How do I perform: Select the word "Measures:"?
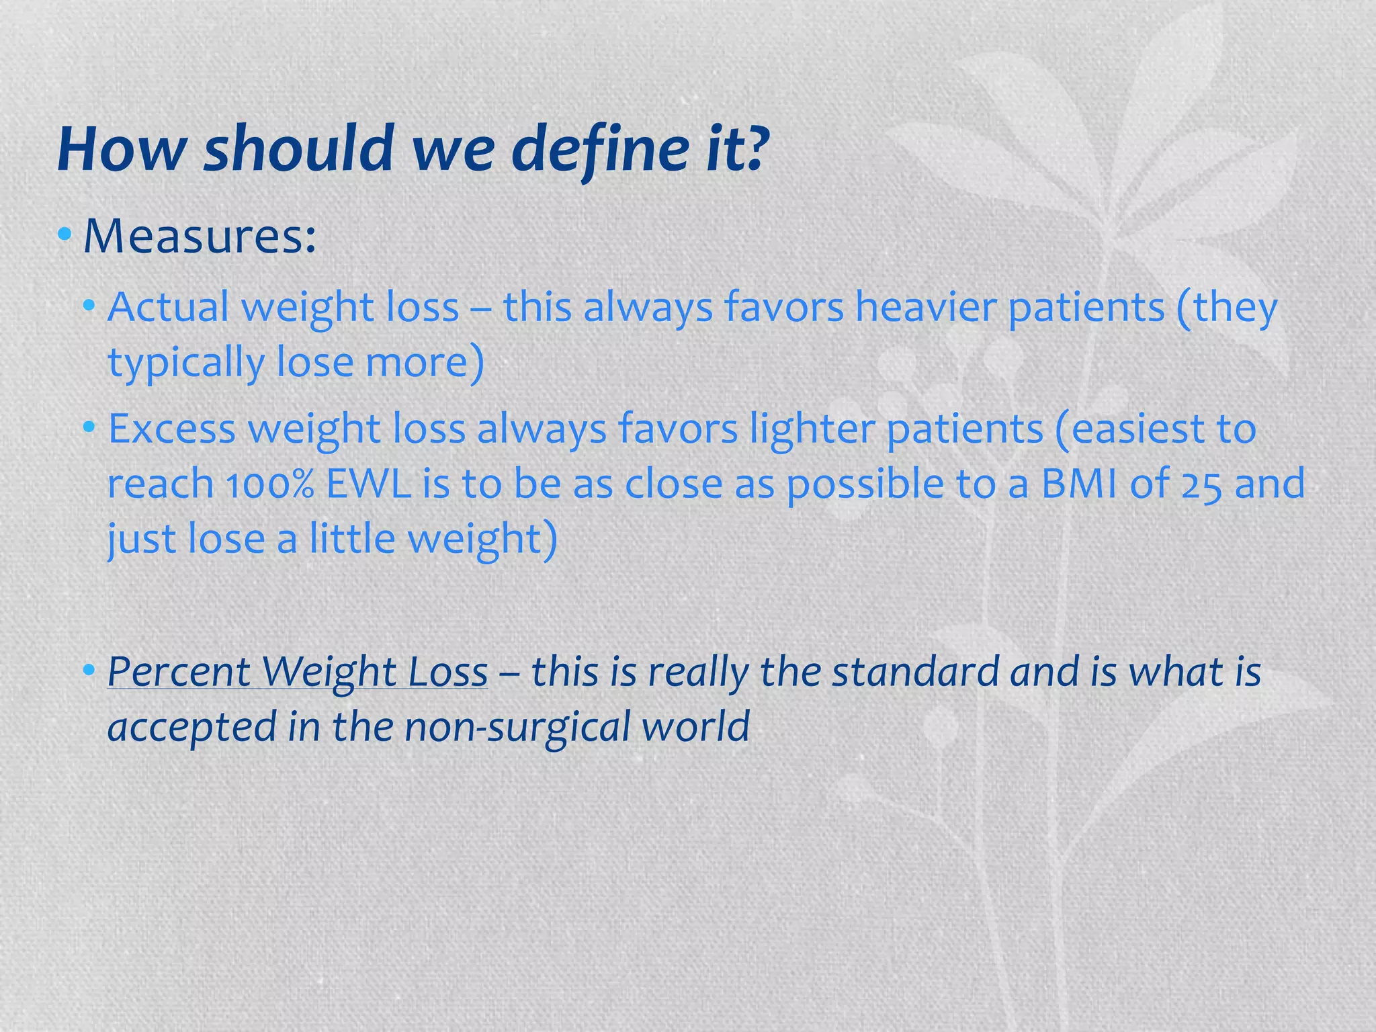[x=199, y=236]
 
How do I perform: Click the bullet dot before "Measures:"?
[x=64, y=234]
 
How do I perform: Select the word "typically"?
[x=186, y=363]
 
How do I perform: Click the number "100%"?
[x=269, y=484]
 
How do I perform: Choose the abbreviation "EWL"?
[x=368, y=484]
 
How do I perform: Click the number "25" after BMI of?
[x=1201, y=484]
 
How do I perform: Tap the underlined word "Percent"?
[x=178, y=672]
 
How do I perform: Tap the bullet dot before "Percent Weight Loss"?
[x=89, y=670]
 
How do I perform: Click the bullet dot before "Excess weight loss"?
[x=89, y=427]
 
